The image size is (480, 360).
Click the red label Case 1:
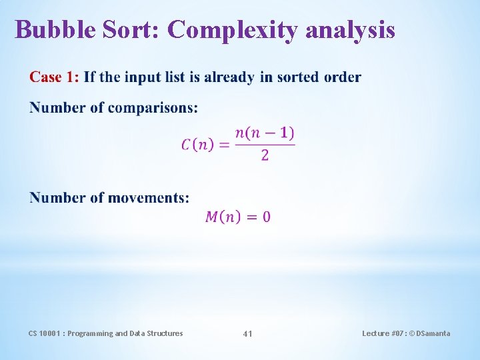(x=54, y=77)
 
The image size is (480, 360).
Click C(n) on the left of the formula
(x=197, y=145)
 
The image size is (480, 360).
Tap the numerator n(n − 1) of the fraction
(x=265, y=133)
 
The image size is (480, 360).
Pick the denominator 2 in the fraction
(x=265, y=156)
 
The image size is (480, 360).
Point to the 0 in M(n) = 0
(x=267, y=217)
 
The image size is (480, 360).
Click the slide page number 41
(x=247, y=333)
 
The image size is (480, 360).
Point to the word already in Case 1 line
(x=229, y=77)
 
